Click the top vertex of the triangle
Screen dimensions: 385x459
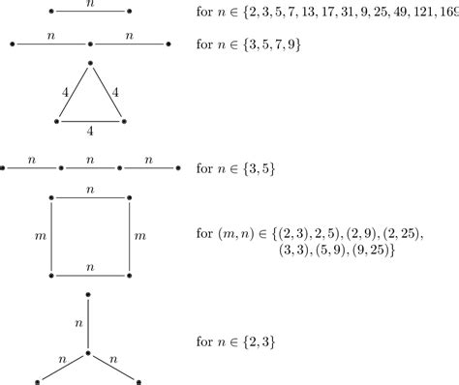[x=90, y=64]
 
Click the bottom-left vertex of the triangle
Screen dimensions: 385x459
[x=56, y=121]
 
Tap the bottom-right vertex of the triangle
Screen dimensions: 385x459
[x=124, y=121]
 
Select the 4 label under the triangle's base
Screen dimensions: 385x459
[x=90, y=131]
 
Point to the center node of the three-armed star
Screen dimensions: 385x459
[x=89, y=353]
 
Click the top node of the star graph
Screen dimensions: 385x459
[x=89, y=293]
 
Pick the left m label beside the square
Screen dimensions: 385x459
[x=38, y=236]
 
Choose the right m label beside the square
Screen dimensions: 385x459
[x=141, y=236]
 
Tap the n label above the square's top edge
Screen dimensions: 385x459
[x=90, y=188]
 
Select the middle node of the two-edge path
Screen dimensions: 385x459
[x=90, y=44]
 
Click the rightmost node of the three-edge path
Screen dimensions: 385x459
[x=178, y=168]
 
